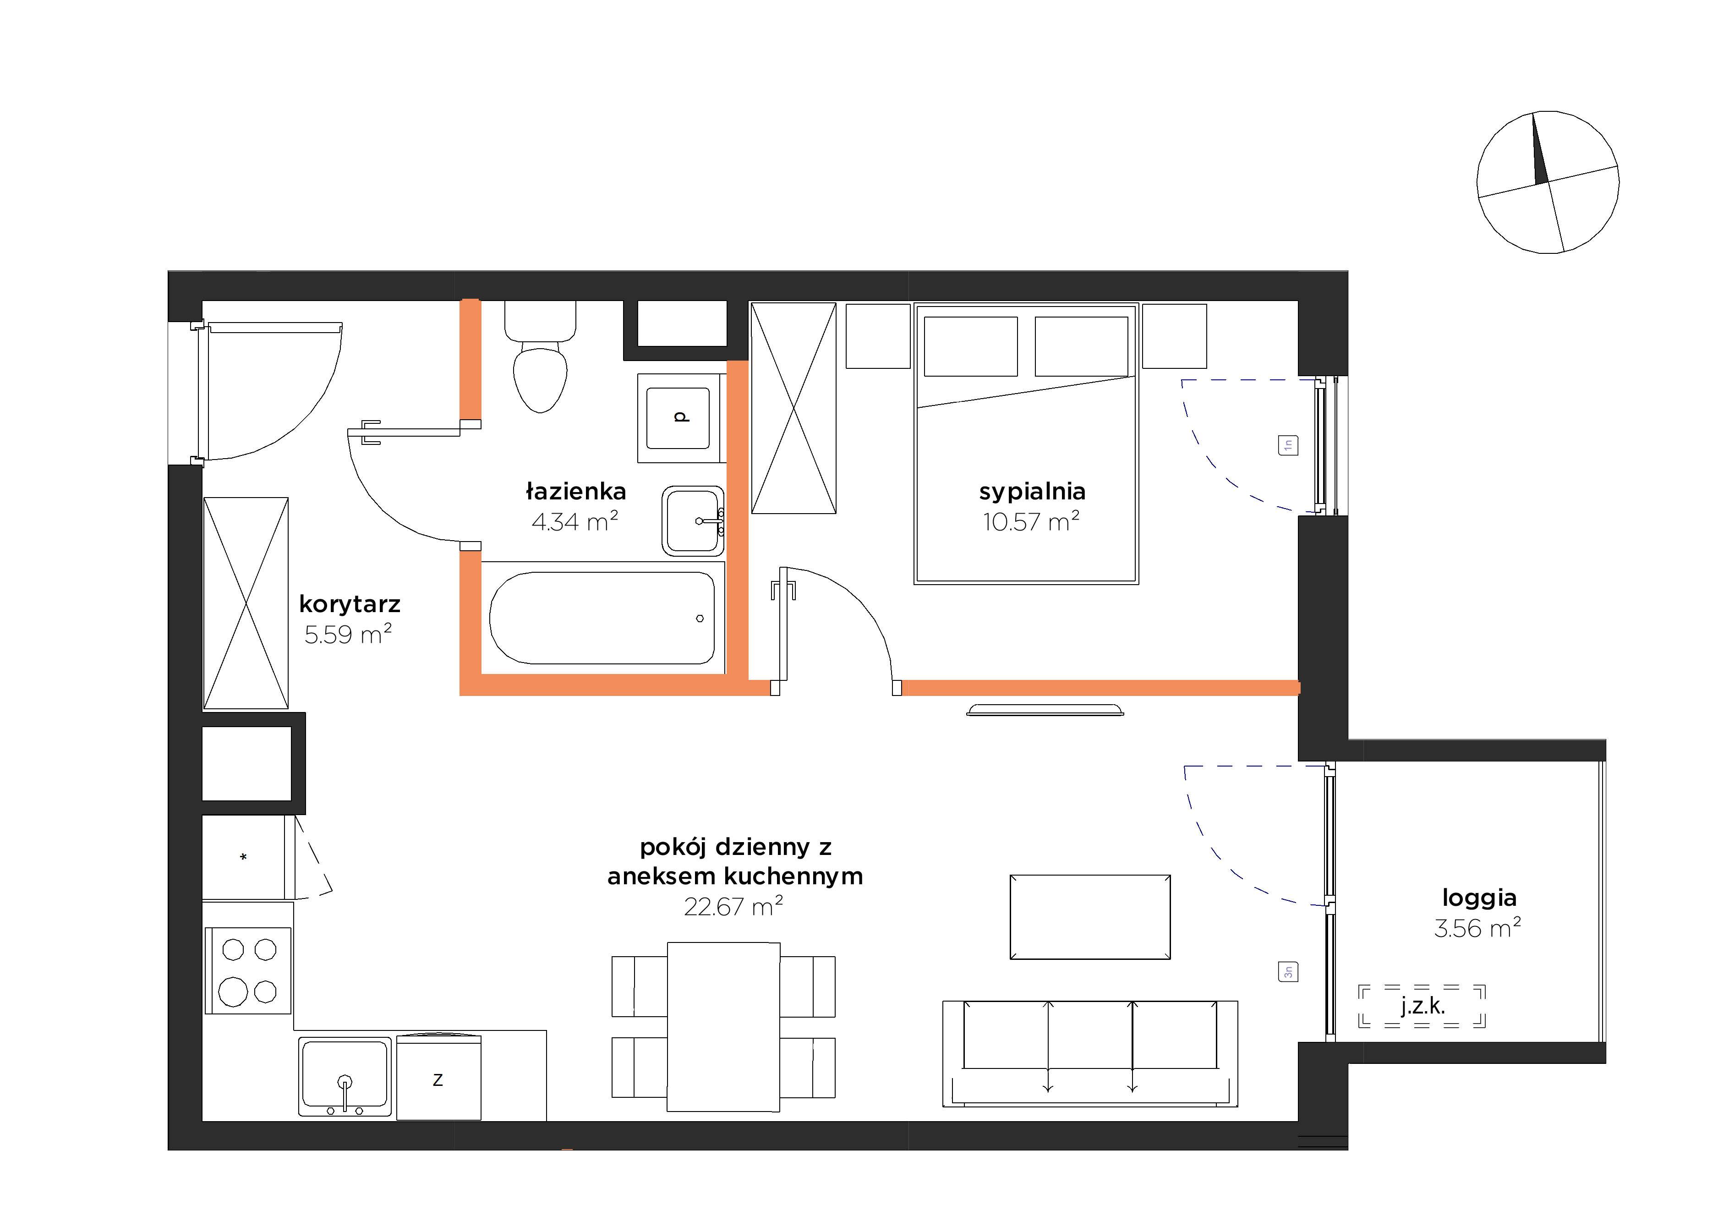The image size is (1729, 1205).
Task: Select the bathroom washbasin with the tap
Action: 693,520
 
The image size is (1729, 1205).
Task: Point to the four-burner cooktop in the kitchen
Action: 248,971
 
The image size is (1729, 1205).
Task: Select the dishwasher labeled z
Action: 438,1077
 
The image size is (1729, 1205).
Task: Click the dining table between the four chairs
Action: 723,1026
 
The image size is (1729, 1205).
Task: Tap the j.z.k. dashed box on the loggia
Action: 1422,1006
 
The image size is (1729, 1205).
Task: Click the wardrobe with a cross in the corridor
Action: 246,603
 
